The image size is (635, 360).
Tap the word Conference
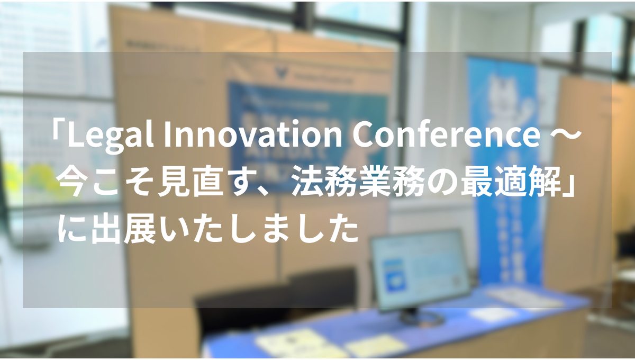point(444,137)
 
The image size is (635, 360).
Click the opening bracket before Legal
point(57,137)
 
